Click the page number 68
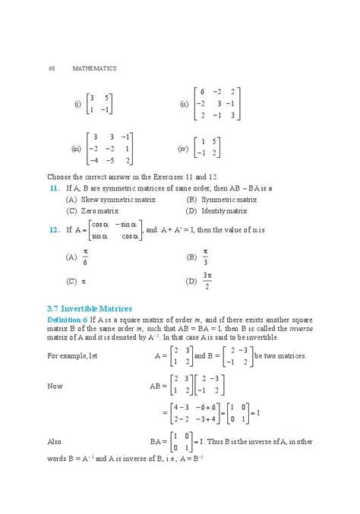[51, 68]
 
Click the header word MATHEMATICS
[94, 68]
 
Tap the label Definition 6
[67, 320]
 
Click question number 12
[53, 229]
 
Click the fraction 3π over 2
[207, 280]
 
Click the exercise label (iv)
[182, 148]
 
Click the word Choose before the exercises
[59, 176]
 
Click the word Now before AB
[55, 386]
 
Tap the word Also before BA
[55, 441]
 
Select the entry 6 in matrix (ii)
[202, 91]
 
